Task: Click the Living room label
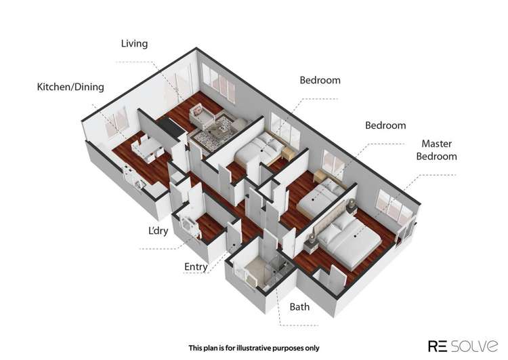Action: click(x=134, y=43)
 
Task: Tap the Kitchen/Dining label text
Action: click(x=70, y=87)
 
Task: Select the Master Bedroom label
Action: click(x=436, y=150)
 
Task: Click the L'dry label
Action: click(x=158, y=231)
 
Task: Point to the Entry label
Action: click(x=196, y=266)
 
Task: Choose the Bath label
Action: click(x=299, y=306)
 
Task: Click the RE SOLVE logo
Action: click(x=463, y=346)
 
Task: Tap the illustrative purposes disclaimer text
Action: click(x=254, y=348)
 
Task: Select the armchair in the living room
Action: click(x=201, y=116)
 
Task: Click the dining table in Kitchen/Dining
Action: click(x=148, y=148)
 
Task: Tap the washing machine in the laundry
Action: click(x=188, y=224)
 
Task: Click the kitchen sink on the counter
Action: click(x=140, y=184)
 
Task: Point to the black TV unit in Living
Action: click(x=171, y=127)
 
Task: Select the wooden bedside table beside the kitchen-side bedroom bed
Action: click(x=288, y=153)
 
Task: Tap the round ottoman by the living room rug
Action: click(x=240, y=123)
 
